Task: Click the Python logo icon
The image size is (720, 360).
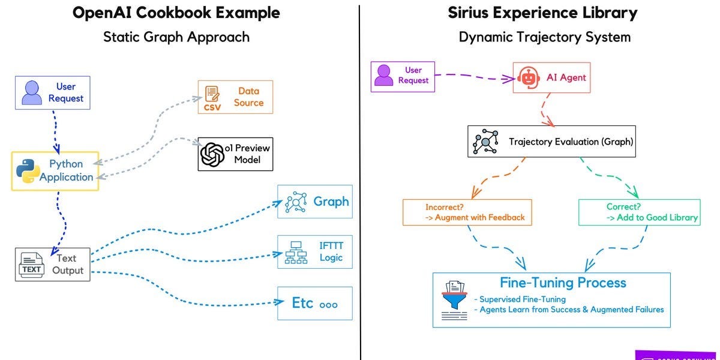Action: point(28,170)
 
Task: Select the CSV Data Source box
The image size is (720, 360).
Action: point(235,97)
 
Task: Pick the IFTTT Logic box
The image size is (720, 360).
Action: point(314,251)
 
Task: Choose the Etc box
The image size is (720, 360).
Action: point(314,303)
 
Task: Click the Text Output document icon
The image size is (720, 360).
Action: point(31,265)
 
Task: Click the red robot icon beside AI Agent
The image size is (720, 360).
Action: point(526,77)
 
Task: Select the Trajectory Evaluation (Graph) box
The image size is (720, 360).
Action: point(551,142)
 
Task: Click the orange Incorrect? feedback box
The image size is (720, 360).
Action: point(467,212)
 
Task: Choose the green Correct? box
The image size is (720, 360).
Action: point(640,212)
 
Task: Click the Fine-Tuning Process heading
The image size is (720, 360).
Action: point(563,283)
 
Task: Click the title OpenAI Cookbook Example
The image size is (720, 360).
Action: point(176,13)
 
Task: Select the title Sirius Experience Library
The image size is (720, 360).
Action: point(542,13)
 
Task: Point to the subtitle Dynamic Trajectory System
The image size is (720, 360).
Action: point(544,37)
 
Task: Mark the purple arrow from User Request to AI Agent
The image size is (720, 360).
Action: point(474,76)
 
